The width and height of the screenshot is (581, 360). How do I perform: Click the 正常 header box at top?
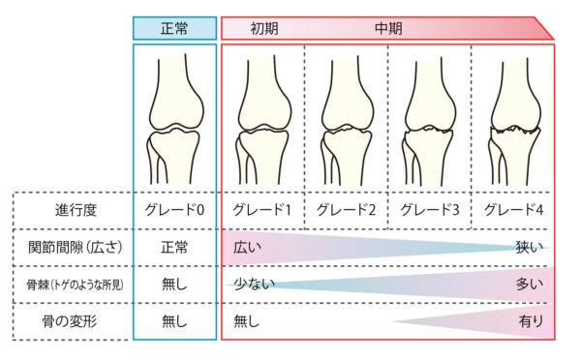(174, 28)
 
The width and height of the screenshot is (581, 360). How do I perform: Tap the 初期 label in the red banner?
(264, 28)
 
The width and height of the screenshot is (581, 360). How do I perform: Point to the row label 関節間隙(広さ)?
(75, 247)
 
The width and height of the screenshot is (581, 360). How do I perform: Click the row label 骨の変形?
(75, 320)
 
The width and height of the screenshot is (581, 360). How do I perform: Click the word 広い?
(247, 248)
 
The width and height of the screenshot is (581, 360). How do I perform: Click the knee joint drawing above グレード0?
(174, 121)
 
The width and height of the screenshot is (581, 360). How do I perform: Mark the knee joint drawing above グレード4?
(513, 121)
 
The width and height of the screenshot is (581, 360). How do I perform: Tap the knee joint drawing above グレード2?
(347, 121)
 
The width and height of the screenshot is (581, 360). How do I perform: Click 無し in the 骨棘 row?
(174, 284)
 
